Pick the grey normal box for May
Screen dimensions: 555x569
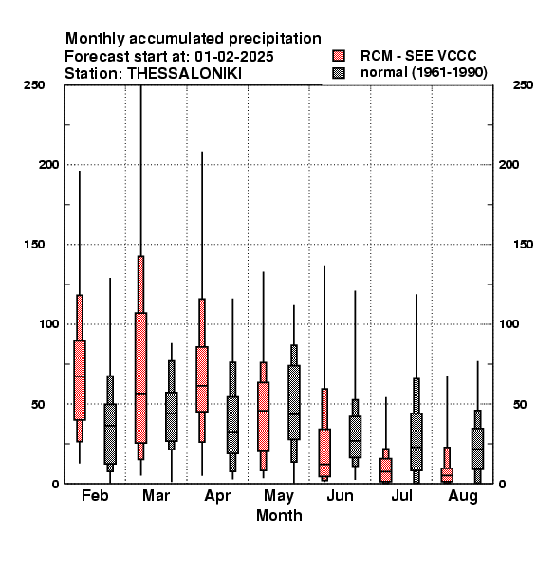pos(294,402)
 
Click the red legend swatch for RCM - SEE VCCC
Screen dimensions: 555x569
pos(339,56)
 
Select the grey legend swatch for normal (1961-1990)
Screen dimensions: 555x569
pos(339,73)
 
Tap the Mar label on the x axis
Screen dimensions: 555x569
pos(156,495)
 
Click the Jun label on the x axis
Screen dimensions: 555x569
pos(340,495)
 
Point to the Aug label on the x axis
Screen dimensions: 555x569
pos(463,496)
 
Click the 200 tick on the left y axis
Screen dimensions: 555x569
pos(48,164)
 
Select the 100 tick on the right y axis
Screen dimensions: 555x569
pos(509,323)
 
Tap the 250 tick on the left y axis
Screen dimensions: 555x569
pos(34,85)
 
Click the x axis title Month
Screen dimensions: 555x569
pos(279,515)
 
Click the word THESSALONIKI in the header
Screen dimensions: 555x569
pos(184,74)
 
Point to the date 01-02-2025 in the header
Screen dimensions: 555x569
pos(234,57)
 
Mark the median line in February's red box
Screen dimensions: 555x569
pos(80,376)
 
